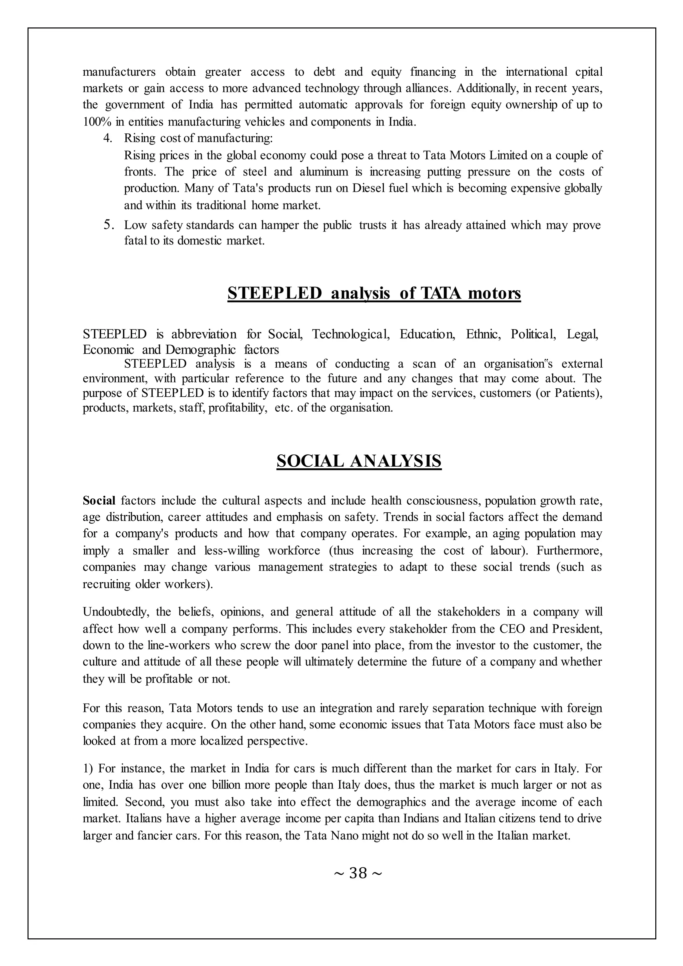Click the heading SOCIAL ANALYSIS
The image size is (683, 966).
359,461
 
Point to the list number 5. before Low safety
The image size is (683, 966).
108,225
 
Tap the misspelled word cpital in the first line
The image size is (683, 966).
588,72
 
